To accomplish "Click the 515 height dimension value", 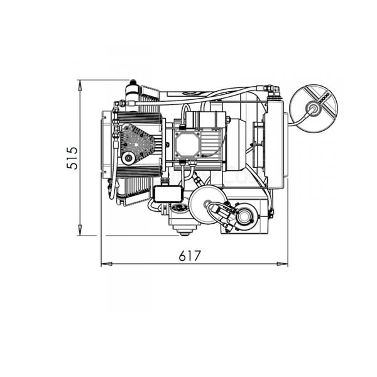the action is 72,158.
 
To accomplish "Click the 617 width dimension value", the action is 190,256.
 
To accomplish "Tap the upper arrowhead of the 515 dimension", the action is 80,85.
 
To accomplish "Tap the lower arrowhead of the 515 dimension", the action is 80,230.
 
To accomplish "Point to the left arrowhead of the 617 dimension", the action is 107,264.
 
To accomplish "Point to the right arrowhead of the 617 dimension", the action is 282,264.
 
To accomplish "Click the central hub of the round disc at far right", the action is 314,107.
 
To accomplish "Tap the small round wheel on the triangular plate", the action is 128,158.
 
